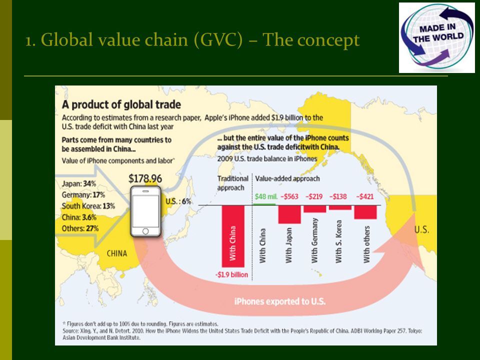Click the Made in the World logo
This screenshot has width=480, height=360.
click(x=437, y=37)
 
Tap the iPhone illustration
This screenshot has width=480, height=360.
click(x=145, y=211)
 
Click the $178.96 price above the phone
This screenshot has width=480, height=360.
click(x=145, y=178)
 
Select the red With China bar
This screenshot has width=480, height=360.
click(x=233, y=236)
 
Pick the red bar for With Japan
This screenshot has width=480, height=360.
click(x=289, y=214)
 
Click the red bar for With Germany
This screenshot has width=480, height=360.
click(x=314, y=209)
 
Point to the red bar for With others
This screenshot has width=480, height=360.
click(x=365, y=212)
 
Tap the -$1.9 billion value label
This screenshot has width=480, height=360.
click(x=231, y=274)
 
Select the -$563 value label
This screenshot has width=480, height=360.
click(x=289, y=196)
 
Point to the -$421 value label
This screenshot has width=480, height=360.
click(x=365, y=196)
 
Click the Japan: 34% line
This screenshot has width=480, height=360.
click(x=78, y=183)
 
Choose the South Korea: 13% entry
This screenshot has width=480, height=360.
click(x=88, y=206)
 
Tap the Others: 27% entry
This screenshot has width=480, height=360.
click(x=80, y=228)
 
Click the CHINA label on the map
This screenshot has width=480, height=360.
click(x=117, y=253)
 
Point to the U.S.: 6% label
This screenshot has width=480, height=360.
click(x=178, y=201)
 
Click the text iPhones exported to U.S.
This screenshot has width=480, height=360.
click(x=280, y=301)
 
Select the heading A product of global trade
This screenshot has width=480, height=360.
click(x=121, y=104)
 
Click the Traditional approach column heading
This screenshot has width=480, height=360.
click(x=232, y=183)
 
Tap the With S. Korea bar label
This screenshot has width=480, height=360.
click(x=338, y=241)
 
